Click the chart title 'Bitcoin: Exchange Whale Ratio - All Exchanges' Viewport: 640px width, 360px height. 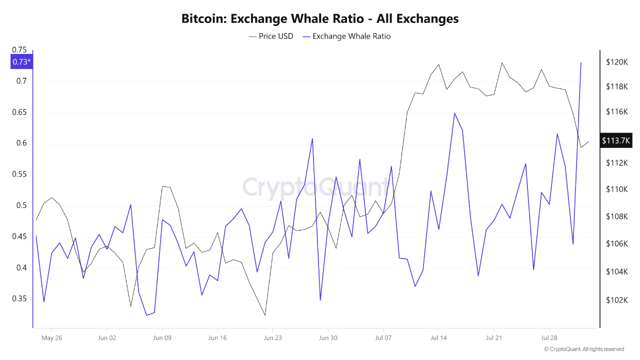tap(320, 19)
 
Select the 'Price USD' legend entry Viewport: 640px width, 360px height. tap(271, 36)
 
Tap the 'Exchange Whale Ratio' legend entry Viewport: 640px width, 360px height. tap(346, 36)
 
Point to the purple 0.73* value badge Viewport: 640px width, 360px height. tap(21, 62)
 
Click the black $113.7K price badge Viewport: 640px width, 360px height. tap(616, 140)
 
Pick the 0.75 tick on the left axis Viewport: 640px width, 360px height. tap(19, 49)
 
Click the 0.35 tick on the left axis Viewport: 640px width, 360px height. tap(19, 299)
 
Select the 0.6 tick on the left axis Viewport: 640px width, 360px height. tap(21, 143)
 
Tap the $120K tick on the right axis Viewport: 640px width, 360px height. tap(616, 62)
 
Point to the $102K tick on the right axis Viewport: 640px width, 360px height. tap(616, 300)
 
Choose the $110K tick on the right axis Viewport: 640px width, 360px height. tap(616, 189)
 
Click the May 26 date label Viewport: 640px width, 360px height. tap(51, 338)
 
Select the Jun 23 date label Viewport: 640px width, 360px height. tap(272, 338)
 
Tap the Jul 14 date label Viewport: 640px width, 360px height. tap(438, 338)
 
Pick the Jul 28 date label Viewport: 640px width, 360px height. tap(549, 338)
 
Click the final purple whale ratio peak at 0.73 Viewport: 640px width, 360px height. tap(581, 62)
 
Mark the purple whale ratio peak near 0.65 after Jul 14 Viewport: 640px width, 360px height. tap(454, 113)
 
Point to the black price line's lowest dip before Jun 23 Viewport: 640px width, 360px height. tap(264, 315)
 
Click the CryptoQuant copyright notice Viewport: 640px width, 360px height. tap(584, 349)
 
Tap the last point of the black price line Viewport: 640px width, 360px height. tap(588, 141)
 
